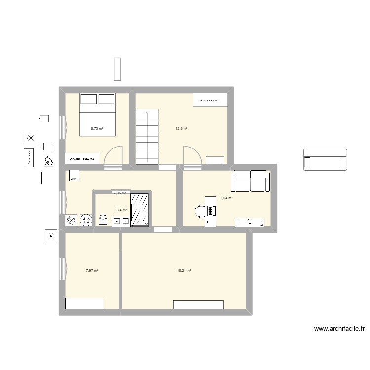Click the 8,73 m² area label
point(97,129)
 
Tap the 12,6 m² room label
point(181,129)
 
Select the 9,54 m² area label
point(226,198)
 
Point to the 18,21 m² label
point(184,270)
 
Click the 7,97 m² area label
point(92,270)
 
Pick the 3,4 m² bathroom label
point(122,210)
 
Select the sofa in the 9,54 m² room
point(251,181)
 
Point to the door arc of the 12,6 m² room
point(191,154)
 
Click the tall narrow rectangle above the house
point(117,69)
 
